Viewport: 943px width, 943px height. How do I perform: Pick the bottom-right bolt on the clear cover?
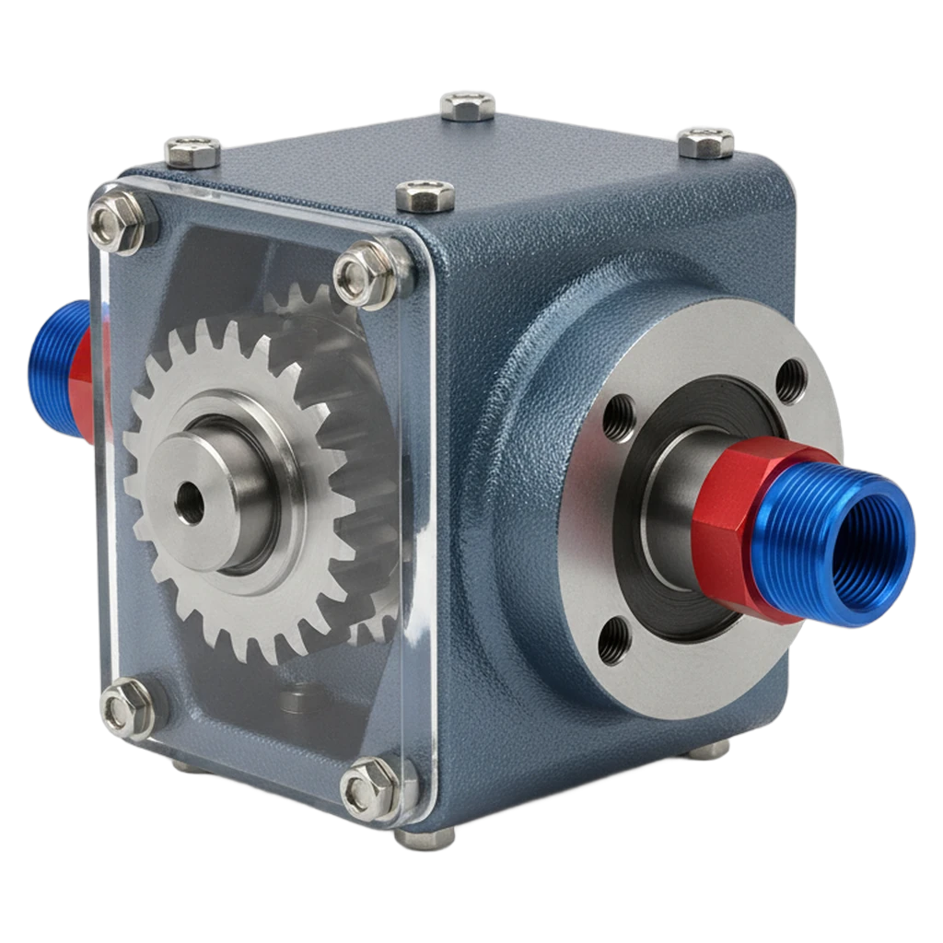pos(370,788)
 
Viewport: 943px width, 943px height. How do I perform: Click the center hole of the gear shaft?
pos(191,503)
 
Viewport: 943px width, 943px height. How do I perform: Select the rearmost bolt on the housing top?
pos(467,105)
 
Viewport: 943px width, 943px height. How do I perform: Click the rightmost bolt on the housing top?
pos(706,142)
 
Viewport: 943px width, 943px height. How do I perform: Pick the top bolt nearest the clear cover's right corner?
pos(425,195)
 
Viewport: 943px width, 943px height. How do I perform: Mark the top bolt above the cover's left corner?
pos(192,151)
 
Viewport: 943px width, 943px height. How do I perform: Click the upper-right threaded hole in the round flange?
pos(790,379)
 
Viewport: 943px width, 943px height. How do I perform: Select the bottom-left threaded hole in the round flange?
pos(612,641)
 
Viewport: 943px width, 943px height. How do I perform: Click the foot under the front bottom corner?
pos(425,838)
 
